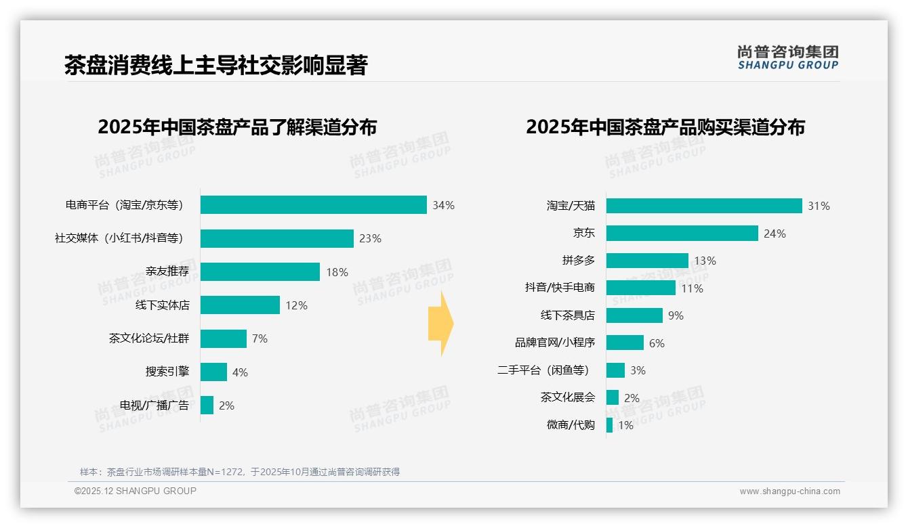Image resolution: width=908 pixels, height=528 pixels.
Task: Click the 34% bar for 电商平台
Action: (x=313, y=205)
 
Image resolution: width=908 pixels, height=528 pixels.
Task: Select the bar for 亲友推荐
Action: (x=260, y=272)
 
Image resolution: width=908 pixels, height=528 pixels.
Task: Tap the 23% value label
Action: (x=370, y=238)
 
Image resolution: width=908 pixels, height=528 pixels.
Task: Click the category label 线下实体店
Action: (x=163, y=305)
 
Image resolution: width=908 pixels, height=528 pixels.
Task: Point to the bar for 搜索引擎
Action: (x=213, y=372)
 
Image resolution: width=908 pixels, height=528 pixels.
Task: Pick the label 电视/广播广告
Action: (x=154, y=405)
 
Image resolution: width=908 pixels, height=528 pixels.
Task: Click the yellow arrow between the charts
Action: (x=440, y=324)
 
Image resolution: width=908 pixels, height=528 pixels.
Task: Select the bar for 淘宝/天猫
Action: (x=703, y=206)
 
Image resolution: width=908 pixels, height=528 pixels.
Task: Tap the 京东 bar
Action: (x=682, y=234)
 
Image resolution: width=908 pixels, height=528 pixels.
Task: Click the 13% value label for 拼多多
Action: (x=705, y=261)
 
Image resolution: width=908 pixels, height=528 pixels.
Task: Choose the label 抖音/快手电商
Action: (x=560, y=288)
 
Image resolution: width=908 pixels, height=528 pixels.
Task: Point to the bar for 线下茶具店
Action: (x=634, y=315)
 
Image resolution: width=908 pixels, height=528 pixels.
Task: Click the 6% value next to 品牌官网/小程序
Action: (x=657, y=343)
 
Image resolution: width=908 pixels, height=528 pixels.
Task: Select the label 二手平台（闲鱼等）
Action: (x=543, y=370)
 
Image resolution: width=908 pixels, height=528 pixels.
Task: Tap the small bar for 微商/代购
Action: (x=609, y=425)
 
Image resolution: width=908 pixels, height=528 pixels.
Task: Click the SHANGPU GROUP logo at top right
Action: (x=787, y=58)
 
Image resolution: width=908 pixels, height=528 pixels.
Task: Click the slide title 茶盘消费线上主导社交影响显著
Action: (x=215, y=66)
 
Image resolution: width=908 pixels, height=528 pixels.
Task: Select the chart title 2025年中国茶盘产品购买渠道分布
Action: (x=665, y=127)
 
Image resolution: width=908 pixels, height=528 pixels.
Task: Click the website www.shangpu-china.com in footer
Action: (x=789, y=491)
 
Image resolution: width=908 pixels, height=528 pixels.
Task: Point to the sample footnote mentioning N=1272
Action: (x=240, y=472)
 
